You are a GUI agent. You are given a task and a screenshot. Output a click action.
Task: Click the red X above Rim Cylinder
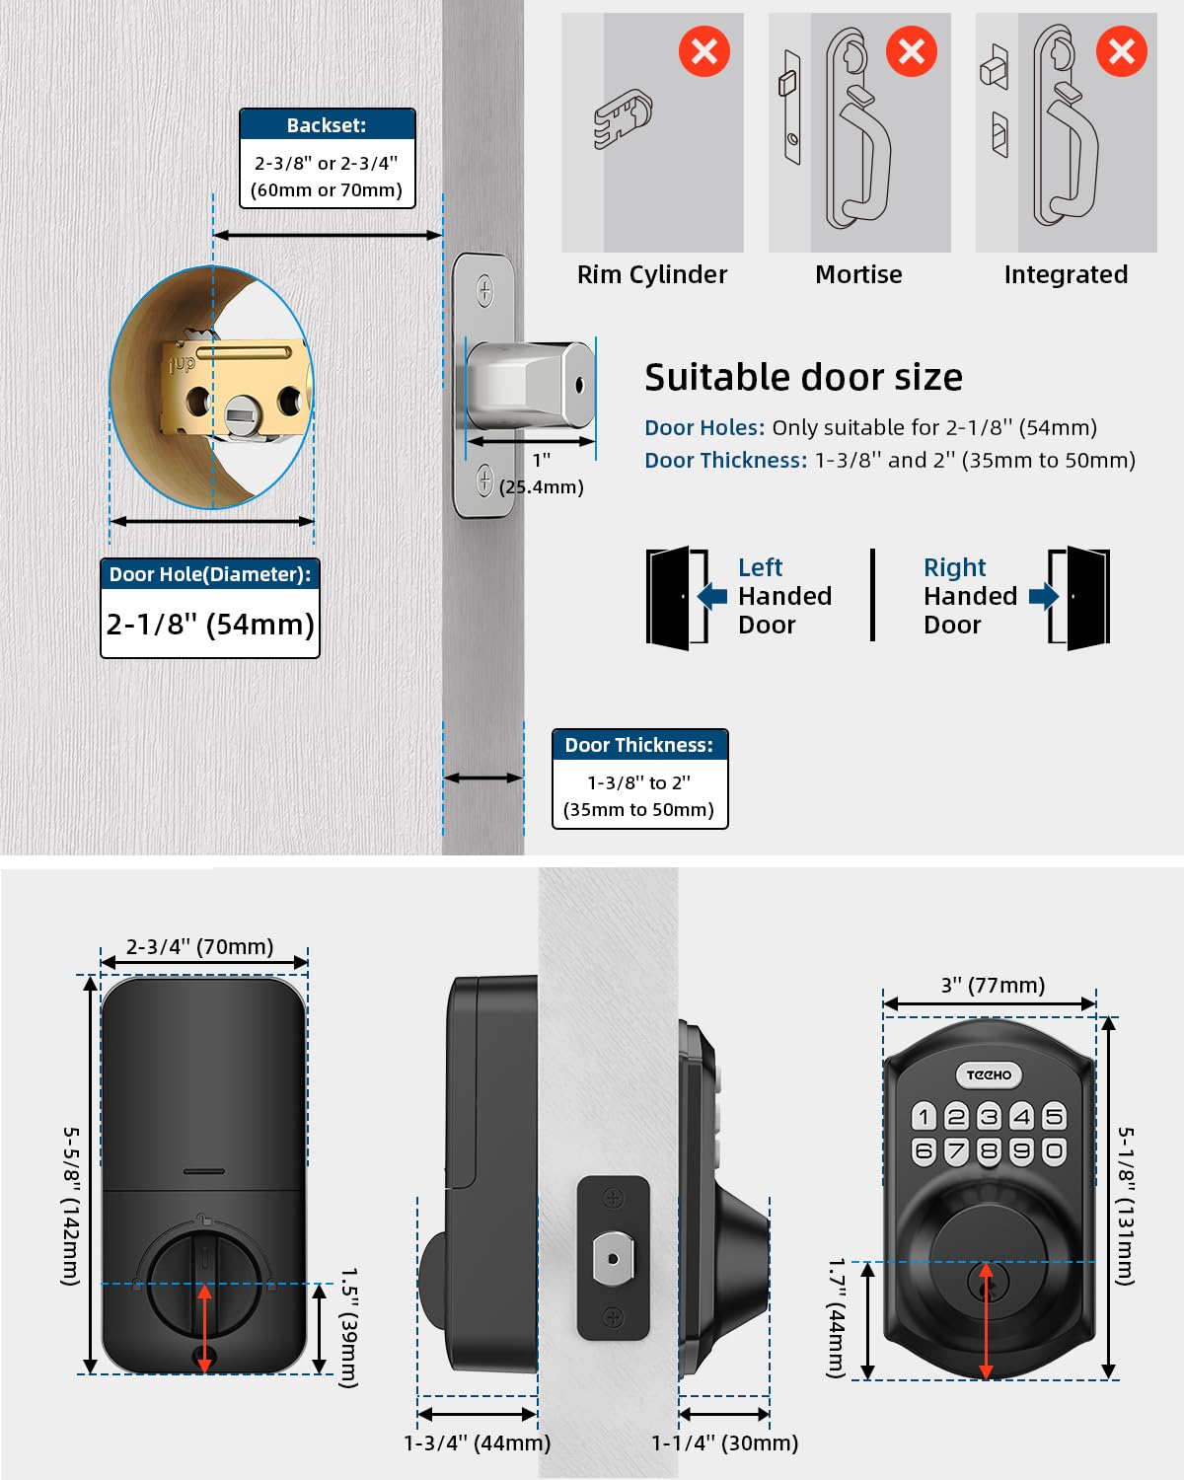coord(704,51)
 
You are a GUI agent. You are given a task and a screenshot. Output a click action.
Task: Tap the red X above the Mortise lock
coord(911,51)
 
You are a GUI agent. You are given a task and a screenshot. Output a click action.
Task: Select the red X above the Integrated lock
coord(1121,51)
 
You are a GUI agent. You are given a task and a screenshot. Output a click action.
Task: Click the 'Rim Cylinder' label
coord(651,274)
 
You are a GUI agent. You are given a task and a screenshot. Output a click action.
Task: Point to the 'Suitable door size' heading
coord(803,378)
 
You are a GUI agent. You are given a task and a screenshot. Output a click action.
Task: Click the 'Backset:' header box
coord(327,125)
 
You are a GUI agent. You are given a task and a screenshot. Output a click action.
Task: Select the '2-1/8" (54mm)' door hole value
coord(210,624)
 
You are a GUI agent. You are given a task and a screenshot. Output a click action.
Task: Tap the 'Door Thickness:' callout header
coord(639,745)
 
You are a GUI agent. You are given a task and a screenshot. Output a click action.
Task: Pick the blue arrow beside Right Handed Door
coord(1043,596)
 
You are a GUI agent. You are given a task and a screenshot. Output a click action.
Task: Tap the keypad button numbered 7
coord(956,1150)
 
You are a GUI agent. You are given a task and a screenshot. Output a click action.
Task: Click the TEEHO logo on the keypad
coord(989,1074)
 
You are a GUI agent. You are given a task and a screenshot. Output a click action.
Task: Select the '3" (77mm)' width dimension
coord(993,985)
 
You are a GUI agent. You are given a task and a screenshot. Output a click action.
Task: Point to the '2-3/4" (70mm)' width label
coord(200,946)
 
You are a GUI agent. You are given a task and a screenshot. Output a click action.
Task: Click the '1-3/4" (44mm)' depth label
coord(477,1443)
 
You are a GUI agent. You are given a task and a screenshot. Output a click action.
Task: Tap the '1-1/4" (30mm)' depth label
coord(724,1443)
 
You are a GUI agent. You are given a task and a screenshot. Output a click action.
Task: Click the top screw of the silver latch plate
coord(484,290)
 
